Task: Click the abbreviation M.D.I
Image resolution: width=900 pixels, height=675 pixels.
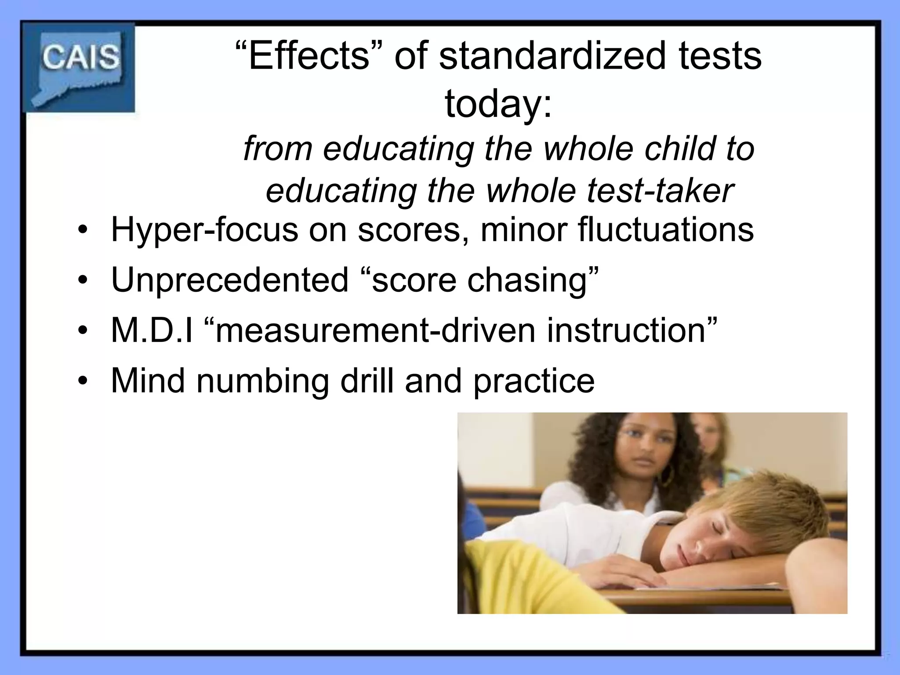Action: (x=152, y=330)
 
